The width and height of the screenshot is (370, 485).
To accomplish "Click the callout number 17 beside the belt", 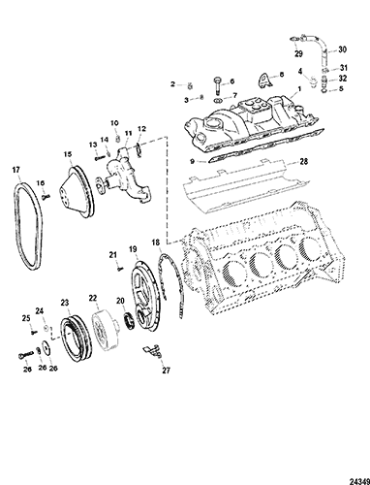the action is point(16,170).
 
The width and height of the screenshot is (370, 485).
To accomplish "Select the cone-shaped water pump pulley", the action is point(77,191).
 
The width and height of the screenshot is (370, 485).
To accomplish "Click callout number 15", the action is point(68,154).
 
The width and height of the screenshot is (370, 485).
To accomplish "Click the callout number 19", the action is point(133,249).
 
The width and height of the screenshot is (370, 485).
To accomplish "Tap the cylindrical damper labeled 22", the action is point(104,332).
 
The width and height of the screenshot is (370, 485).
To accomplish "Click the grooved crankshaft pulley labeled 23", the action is point(76,339).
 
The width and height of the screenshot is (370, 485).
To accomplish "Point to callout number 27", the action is point(166,371).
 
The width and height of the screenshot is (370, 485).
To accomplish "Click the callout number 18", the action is point(156,242).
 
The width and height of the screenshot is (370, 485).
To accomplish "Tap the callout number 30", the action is point(342,49).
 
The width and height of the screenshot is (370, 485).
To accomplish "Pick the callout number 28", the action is point(304,161).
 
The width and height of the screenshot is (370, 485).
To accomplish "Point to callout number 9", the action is point(192,160).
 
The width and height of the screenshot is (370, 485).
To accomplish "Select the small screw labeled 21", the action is point(120,268).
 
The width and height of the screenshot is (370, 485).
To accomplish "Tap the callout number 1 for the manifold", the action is point(299,88).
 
